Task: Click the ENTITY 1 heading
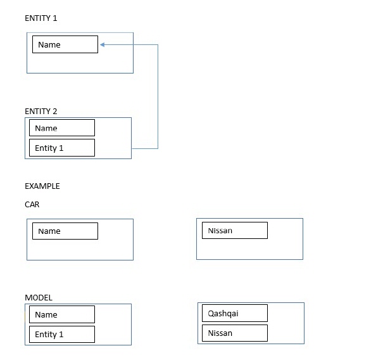click(41, 18)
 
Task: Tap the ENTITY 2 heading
click(41, 112)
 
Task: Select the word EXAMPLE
click(42, 186)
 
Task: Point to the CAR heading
click(32, 204)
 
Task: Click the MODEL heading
click(39, 298)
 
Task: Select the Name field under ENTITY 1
click(65, 44)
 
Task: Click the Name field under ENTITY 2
click(62, 127)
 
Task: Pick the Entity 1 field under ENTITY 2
click(62, 148)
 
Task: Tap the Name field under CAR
click(65, 231)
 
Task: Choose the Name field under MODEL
click(62, 314)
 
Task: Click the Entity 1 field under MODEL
click(62, 334)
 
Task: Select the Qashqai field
click(235, 313)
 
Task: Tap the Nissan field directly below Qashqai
click(235, 333)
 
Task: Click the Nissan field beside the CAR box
click(235, 230)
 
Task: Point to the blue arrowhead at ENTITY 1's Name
click(103, 44)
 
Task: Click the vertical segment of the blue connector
click(158, 96)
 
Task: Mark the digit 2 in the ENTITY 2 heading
click(55, 112)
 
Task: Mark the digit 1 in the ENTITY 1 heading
click(55, 18)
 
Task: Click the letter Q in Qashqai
click(210, 313)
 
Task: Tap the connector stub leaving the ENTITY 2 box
click(145, 148)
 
